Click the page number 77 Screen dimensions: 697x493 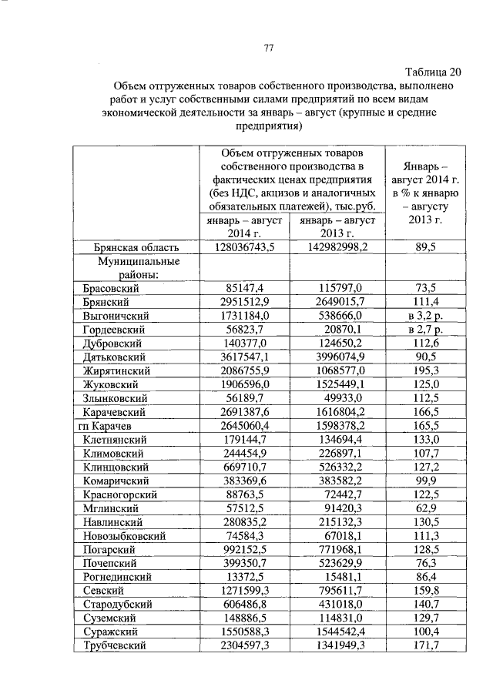click(269, 48)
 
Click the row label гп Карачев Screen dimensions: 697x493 click(112, 426)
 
